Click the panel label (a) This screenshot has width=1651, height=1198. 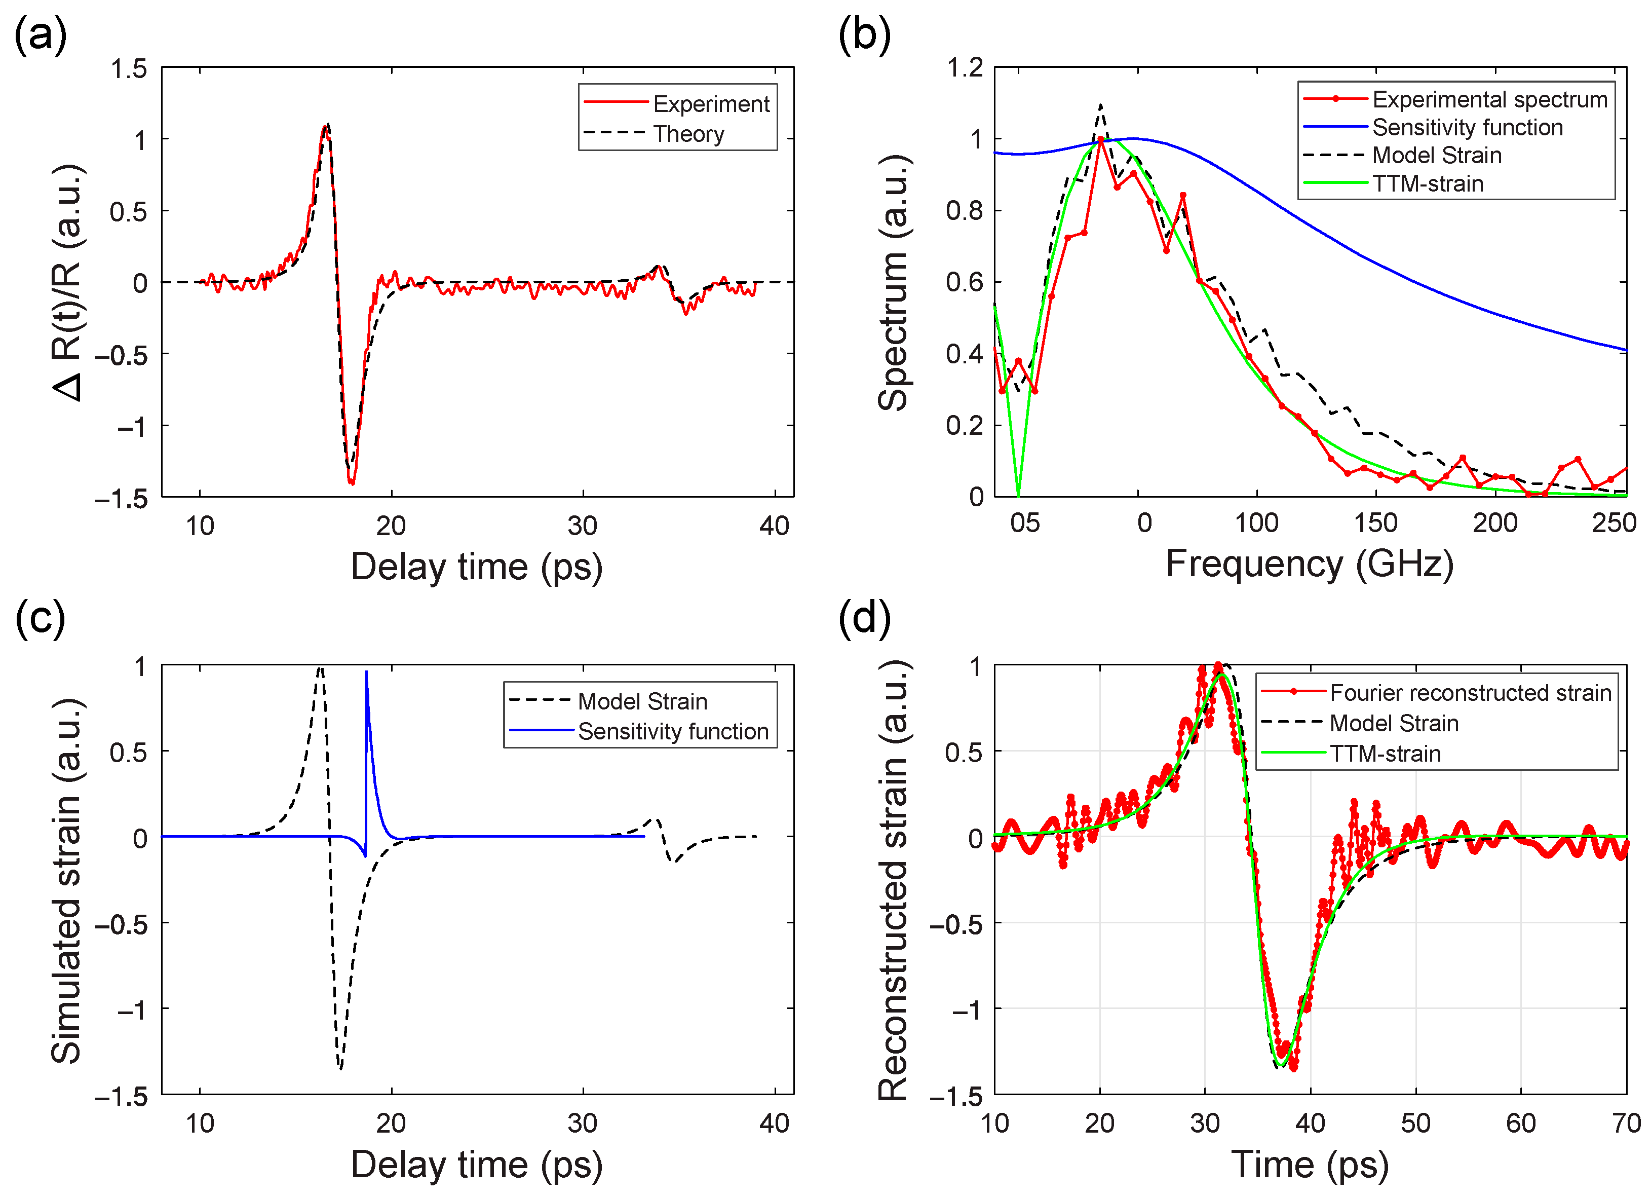point(40,35)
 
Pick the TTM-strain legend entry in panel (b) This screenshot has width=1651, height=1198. point(1427,183)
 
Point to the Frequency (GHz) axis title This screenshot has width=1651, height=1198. point(1309,564)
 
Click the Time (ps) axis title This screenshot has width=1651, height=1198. point(1309,1164)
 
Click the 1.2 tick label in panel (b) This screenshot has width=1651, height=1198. point(964,68)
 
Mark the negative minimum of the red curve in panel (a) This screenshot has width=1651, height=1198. point(352,482)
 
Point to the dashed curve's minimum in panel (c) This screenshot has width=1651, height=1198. point(340,1068)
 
